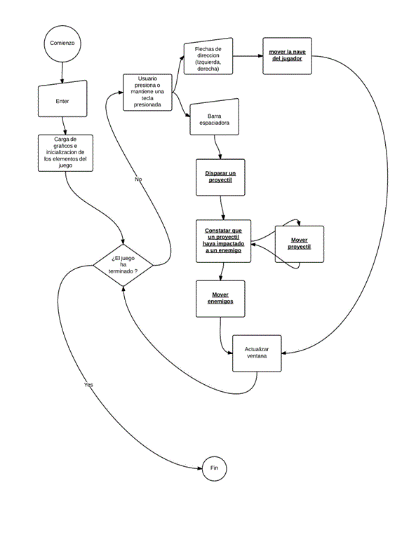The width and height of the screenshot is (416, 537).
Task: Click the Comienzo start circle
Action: tap(62, 43)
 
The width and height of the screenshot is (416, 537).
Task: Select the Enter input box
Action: tap(62, 101)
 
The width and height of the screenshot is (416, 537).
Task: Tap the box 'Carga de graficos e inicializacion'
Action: tap(63, 152)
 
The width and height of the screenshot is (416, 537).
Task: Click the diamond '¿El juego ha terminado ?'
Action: tap(123, 264)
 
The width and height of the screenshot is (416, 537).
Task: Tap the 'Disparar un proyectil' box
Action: tap(221, 176)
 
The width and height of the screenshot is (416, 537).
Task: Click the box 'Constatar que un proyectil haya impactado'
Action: tap(223, 240)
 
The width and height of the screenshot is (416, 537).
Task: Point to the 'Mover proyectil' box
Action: tap(299, 244)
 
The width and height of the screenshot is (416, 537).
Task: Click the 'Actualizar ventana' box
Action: tap(256, 353)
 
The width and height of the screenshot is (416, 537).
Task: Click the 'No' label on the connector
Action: tap(138, 179)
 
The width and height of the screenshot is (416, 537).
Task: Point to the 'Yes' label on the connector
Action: tap(88, 385)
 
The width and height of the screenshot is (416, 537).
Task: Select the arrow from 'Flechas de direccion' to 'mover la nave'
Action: tap(248, 55)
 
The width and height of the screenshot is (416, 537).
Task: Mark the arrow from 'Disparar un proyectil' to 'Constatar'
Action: tap(222, 205)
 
